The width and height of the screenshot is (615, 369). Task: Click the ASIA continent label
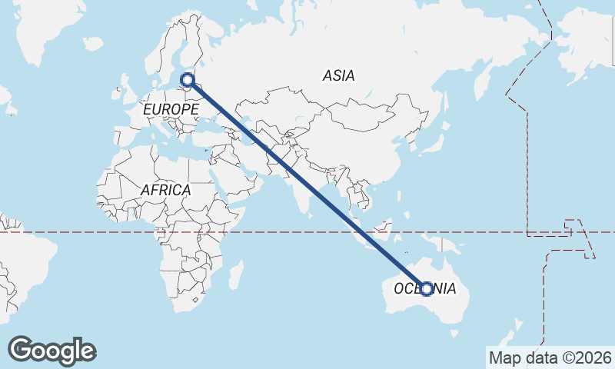pos(339,75)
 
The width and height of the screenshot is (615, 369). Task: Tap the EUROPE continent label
pos(171,110)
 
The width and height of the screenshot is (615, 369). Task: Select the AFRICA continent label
pos(165,189)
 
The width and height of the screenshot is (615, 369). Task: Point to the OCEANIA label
pos(425,289)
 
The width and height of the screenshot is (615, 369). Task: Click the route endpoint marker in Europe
pos(187,78)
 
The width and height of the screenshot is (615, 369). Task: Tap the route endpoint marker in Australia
pos(427,289)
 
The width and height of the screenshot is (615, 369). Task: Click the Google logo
pos(52,351)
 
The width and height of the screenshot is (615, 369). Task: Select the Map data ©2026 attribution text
pos(550,357)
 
